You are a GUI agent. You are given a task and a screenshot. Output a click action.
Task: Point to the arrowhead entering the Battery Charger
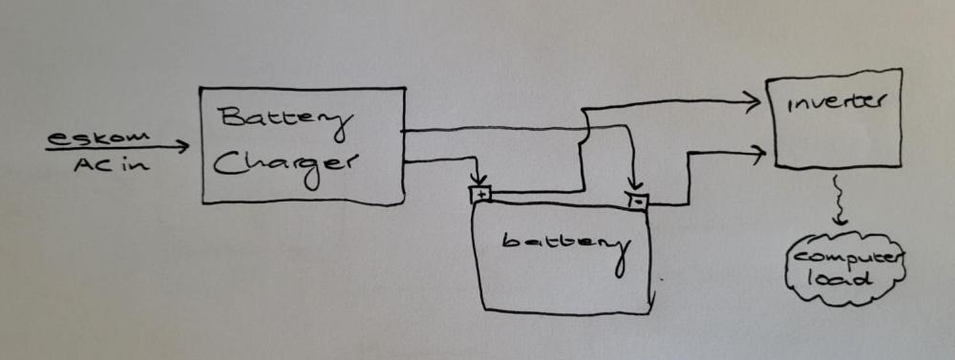pyautogui.click(x=182, y=146)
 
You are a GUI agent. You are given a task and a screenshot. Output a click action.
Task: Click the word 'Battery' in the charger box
pyautogui.click(x=285, y=119)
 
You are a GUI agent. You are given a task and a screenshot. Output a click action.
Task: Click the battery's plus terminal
pyautogui.click(x=480, y=195)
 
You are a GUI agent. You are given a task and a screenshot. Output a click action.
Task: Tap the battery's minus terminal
pyautogui.click(x=636, y=201)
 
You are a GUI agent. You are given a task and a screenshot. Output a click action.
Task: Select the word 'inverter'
pyautogui.click(x=835, y=103)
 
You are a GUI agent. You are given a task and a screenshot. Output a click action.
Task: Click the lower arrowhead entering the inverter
pyautogui.click(x=757, y=154)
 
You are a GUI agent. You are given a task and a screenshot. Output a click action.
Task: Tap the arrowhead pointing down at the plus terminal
pyautogui.click(x=480, y=180)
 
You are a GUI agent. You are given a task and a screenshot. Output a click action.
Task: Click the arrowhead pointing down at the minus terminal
pyautogui.click(x=635, y=184)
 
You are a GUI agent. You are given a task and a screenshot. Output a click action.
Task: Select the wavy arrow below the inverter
pyautogui.click(x=838, y=201)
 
